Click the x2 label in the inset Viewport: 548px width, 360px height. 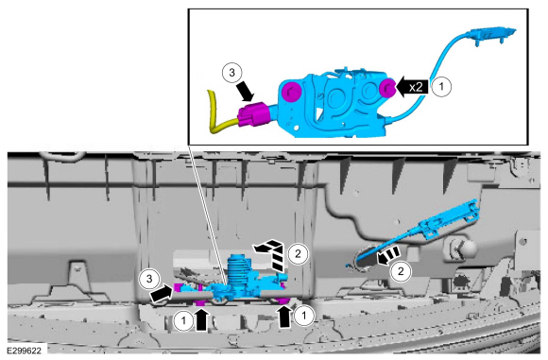pyautogui.click(x=416, y=87)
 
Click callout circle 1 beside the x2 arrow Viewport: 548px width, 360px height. pyautogui.click(x=441, y=86)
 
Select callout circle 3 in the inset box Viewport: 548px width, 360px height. pyautogui.click(x=232, y=73)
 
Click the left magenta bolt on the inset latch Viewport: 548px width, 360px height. pyautogui.click(x=291, y=92)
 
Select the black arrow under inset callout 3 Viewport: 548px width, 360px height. pyautogui.click(x=245, y=90)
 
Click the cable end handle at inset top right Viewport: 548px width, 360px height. pyautogui.click(x=492, y=34)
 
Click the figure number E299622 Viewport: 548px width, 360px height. pyautogui.click(x=24, y=351)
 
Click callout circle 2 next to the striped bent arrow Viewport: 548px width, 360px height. pyautogui.click(x=299, y=253)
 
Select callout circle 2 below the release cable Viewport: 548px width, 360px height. pyautogui.click(x=401, y=271)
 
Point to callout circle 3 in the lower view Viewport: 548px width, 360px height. pyautogui.click(x=149, y=279)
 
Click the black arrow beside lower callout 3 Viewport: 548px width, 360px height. pyautogui.click(x=162, y=294)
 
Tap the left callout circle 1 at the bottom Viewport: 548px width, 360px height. pyautogui.click(x=183, y=319)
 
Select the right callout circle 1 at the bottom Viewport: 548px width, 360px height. pyautogui.click(x=303, y=316)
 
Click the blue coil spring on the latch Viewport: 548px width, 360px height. pyautogui.click(x=238, y=269)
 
